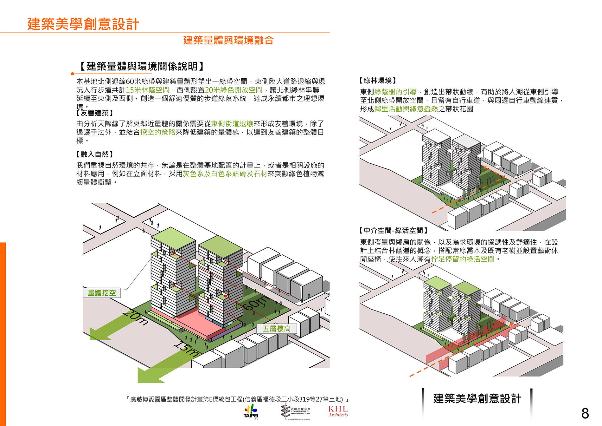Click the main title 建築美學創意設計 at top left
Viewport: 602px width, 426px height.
click(83, 24)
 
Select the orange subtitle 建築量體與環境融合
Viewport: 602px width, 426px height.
click(228, 40)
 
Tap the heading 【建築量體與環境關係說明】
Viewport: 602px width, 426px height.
click(141, 66)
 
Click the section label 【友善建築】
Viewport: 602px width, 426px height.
click(95, 113)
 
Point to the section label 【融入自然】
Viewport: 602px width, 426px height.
click(95, 154)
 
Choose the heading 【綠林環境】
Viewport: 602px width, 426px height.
click(378, 81)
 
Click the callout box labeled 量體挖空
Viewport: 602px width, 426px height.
click(102, 293)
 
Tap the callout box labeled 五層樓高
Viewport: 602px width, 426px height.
click(277, 329)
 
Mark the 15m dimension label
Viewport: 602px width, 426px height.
click(187, 349)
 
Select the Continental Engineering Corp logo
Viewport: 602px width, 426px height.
click(296, 411)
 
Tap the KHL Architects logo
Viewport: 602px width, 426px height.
click(338, 411)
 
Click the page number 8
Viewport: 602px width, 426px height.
click(585, 414)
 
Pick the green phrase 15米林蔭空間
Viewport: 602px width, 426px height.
click(148, 90)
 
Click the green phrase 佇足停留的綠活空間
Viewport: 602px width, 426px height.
click(463, 259)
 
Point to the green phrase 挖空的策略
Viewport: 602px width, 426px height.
click(158, 132)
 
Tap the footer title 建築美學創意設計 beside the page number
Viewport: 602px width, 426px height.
click(477, 399)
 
